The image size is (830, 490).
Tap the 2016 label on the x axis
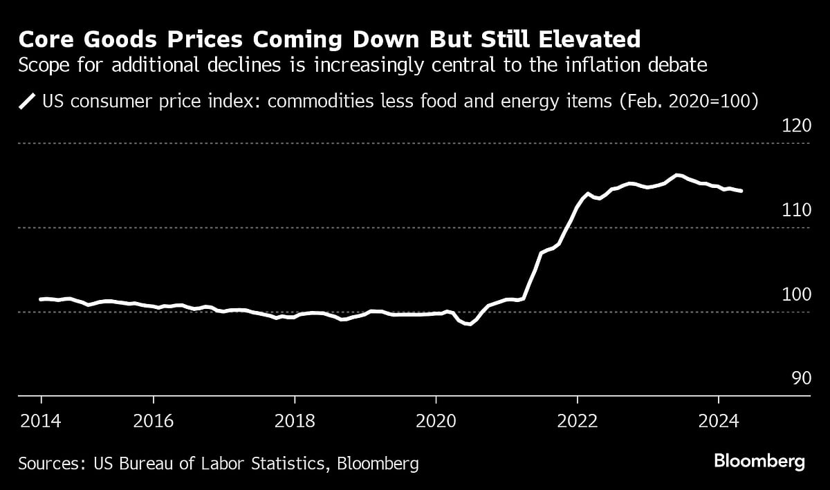tap(154, 421)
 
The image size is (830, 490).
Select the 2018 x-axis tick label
tap(295, 421)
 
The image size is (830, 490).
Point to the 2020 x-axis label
tap(436, 421)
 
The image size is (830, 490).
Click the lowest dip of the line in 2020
tap(469, 323)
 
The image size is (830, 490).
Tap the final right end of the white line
tap(741, 191)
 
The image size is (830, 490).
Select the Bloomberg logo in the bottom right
tap(759, 461)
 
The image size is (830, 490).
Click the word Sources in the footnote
tap(48, 462)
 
